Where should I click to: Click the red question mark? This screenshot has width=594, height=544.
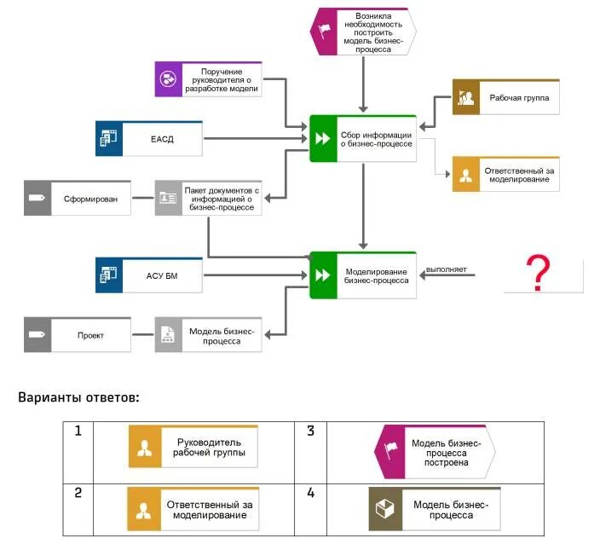coord(536,273)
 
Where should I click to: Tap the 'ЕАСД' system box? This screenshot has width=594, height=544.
coord(149,139)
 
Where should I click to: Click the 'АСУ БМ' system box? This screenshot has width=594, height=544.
coord(149,275)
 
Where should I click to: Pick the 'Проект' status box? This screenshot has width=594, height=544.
coord(78,335)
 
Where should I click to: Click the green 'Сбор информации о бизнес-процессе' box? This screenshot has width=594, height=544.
coord(364,139)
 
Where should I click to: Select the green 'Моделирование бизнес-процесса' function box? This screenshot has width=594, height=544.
coord(364,275)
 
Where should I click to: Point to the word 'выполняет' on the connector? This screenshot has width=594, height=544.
coord(447,269)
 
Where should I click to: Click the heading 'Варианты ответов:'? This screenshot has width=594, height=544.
coord(78,396)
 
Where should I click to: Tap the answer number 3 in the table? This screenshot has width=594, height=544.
coord(311,431)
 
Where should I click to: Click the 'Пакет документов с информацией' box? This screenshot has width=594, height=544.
coord(209,198)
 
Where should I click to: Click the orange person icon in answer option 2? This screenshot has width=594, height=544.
coord(144,510)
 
